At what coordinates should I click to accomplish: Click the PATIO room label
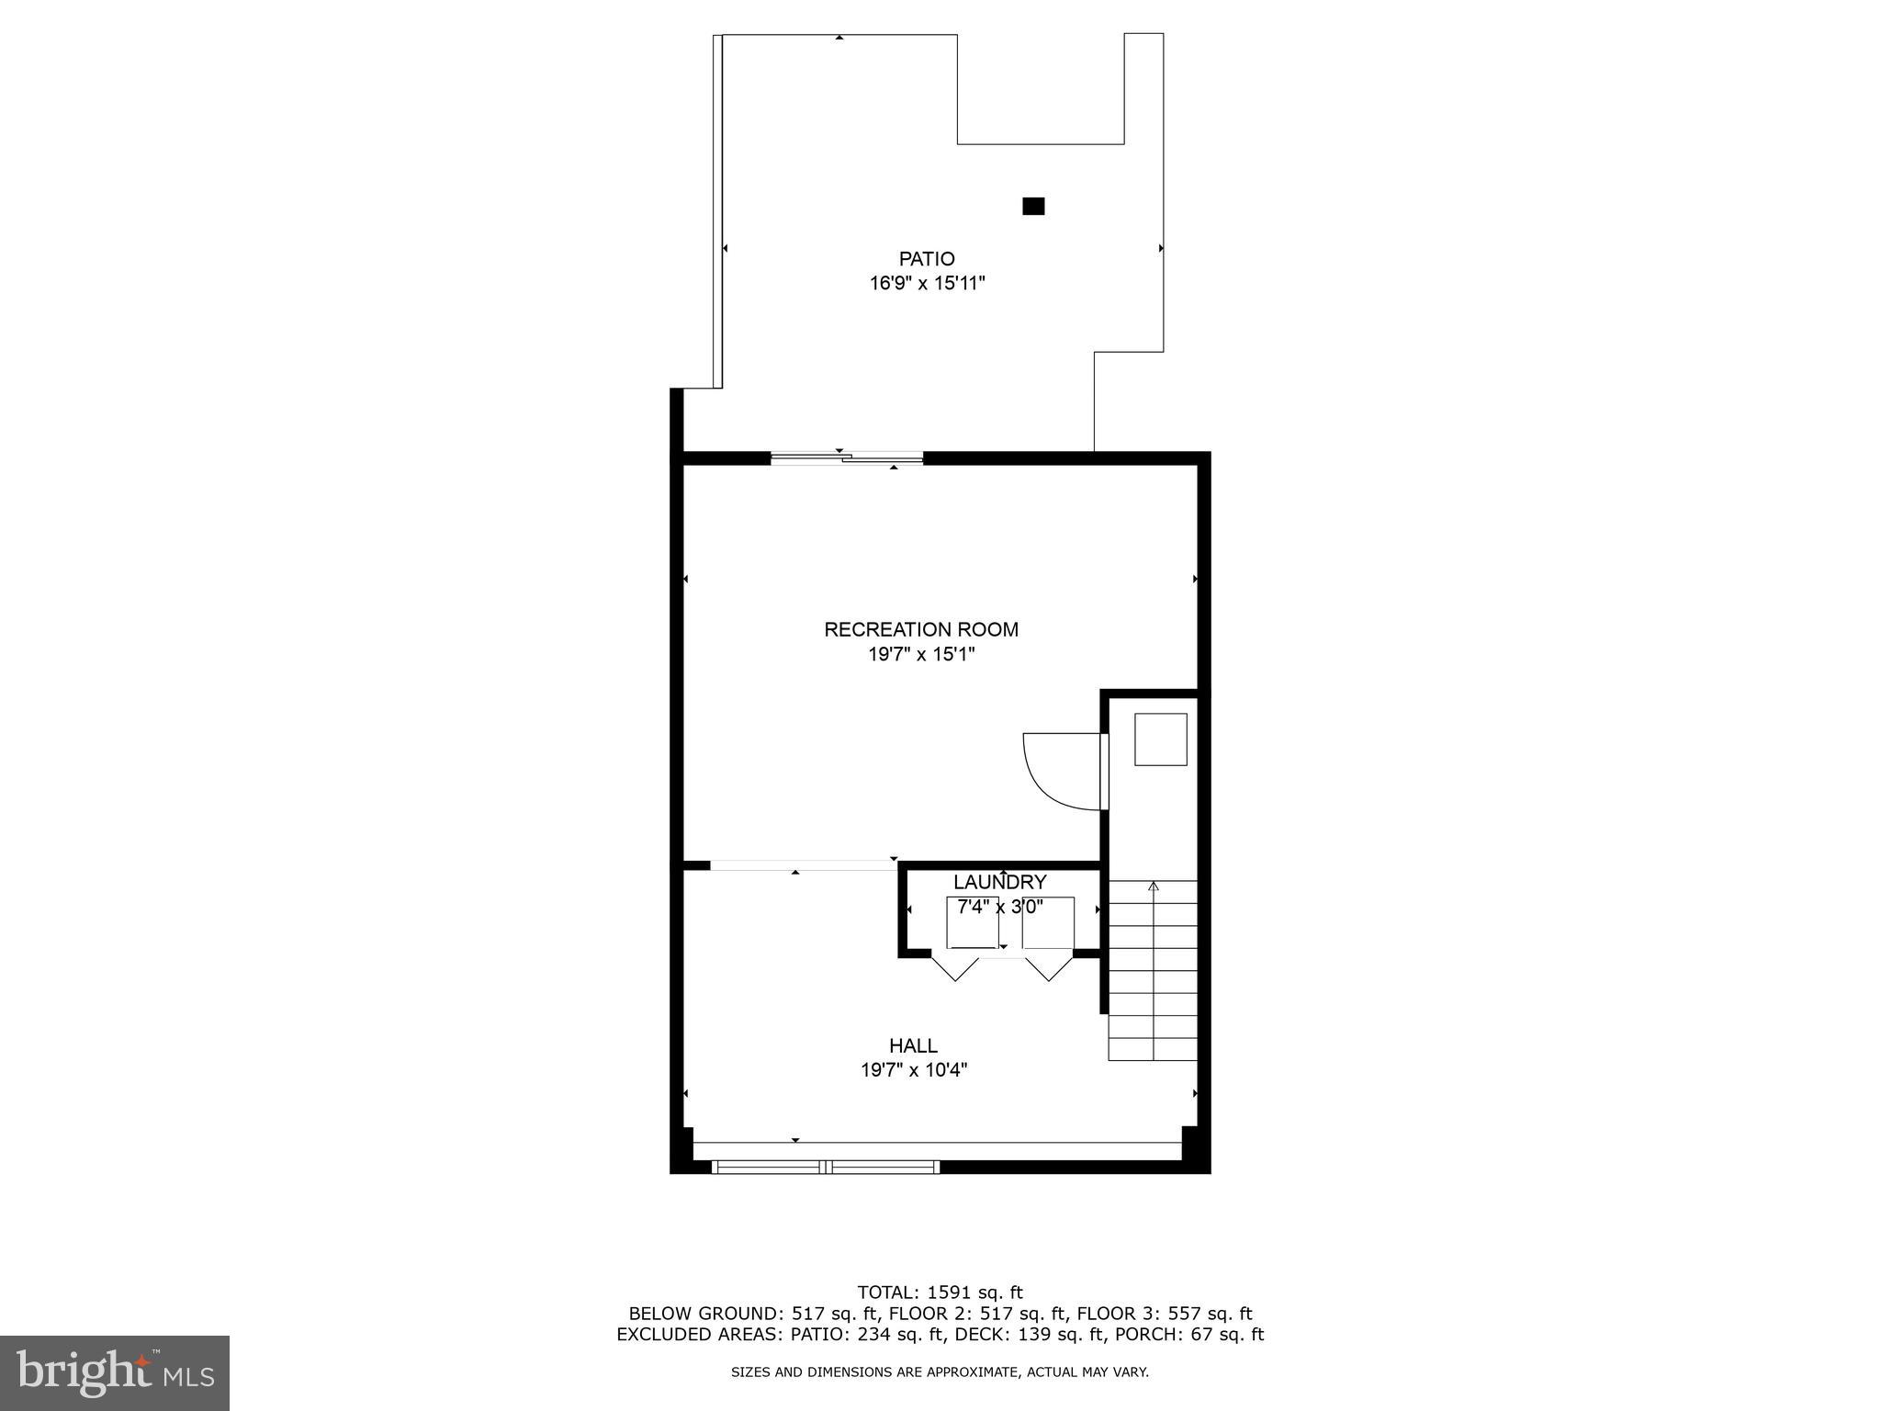[927, 259]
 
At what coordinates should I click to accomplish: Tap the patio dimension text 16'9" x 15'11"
[927, 283]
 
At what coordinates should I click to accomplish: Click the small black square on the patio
[1033, 207]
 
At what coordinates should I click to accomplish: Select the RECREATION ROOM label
[920, 630]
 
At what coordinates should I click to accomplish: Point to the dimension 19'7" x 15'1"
[920, 655]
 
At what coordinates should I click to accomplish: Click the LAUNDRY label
[999, 883]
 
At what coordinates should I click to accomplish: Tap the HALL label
[913, 1045]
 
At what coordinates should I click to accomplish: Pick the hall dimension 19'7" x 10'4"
[913, 1070]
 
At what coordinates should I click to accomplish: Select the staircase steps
[1153, 970]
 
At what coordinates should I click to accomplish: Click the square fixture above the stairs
[1160, 739]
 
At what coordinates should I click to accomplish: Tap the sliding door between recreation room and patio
[846, 457]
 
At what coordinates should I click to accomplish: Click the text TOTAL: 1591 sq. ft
[940, 1292]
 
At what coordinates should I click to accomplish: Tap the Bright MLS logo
[115, 1373]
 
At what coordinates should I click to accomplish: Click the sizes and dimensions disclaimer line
[940, 1372]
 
